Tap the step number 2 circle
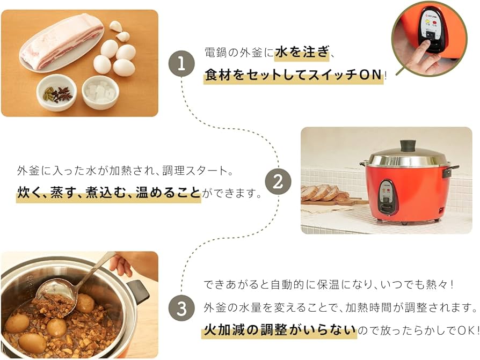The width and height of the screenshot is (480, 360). pyautogui.click(x=278, y=182)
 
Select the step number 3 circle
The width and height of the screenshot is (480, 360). pyautogui.click(x=181, y=308)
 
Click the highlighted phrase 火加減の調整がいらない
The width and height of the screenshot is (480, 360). pyautogui.click(x=279, y=330)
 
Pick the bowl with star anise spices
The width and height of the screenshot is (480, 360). pyautogui.click(x=56, y=93)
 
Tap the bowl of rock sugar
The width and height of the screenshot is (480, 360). pyautogui.click(x=100, y=92)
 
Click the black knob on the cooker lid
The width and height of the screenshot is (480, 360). pyautogui.click(x=408, y=145)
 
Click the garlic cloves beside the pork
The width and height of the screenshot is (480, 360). pyautogui.click(x=119, y=31)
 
